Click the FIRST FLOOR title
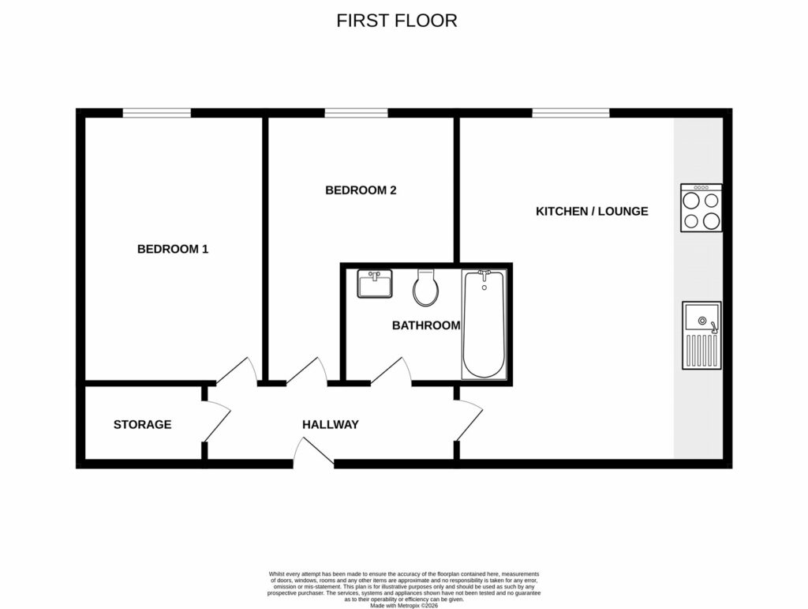point(396,21)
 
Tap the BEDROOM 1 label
point(173,249)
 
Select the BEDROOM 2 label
point(361,190)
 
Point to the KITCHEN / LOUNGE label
point(592,211)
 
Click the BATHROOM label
point(426,325)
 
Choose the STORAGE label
point(142,424)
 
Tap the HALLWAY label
point(330,424)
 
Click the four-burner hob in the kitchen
point(701,208)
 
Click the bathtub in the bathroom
point(483,324)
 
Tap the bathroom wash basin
point(375,284)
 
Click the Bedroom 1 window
point(156,113)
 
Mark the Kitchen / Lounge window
point(570,113)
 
